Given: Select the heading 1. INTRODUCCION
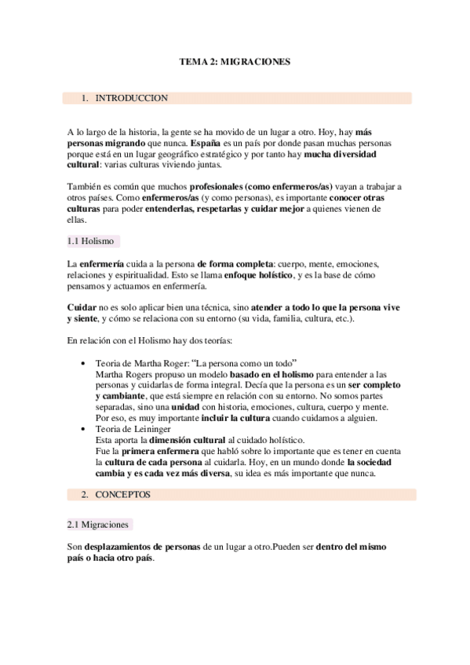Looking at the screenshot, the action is click(x=131, y=98).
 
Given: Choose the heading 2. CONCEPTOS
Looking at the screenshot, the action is click(x=128, y=495).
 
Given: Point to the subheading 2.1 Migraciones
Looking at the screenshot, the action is click(x=99, y=525).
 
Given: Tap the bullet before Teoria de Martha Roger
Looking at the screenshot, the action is click(x=83, y=365).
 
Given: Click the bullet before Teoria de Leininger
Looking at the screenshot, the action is click(x=83, y=431).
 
